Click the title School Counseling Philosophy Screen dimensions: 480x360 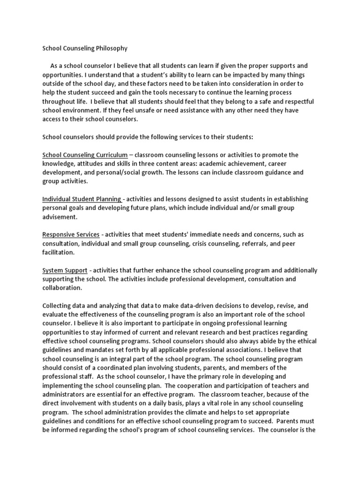point(85,48)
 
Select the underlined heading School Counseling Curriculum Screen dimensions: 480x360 point(85,155)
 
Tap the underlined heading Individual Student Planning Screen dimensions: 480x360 point(82,199)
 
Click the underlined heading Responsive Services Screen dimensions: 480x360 point(71,234)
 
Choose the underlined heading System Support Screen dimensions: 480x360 point(65,270)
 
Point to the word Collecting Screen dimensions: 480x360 point(59,306)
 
